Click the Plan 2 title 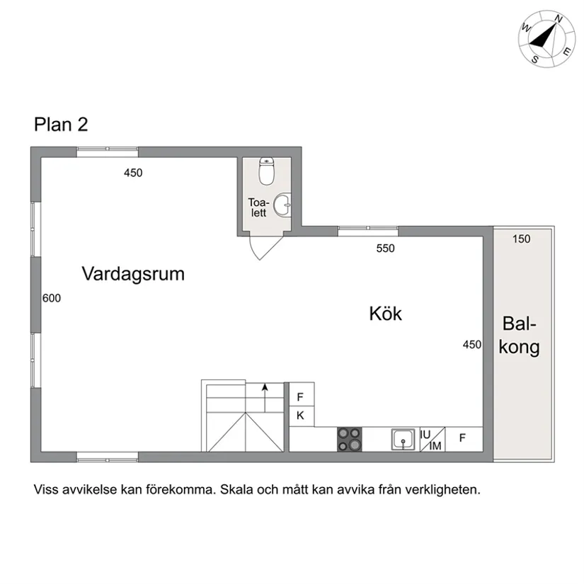pos(61,125)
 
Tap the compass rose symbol pos(546,38)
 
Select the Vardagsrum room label pos(133,274)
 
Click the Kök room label pos(385,314)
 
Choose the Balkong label pos(520,336)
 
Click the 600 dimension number pos(52,299)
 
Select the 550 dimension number pos(385,248)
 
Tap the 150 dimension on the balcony pos(521,239)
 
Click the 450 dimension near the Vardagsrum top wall pos(133,173)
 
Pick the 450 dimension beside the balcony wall pos(472,345)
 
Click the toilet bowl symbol pos(267,170)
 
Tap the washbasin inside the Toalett pos(282,205)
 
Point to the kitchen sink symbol pos(403,440)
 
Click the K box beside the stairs pos(300,416)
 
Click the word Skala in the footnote pos(238,489)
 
